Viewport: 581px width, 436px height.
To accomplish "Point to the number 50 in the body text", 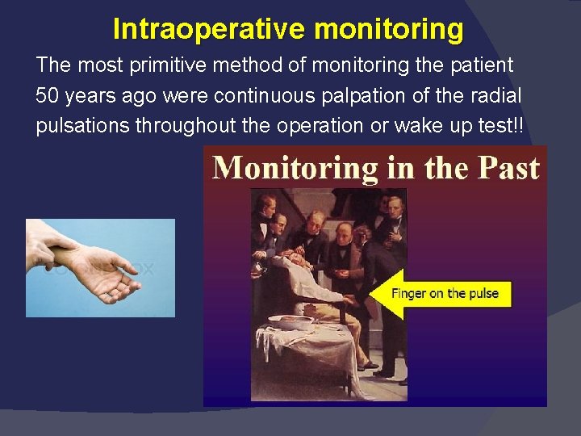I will pos(48,96).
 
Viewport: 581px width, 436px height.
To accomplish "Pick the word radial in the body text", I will pos(493,96).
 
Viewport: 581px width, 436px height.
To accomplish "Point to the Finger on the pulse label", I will pos(445,293).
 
